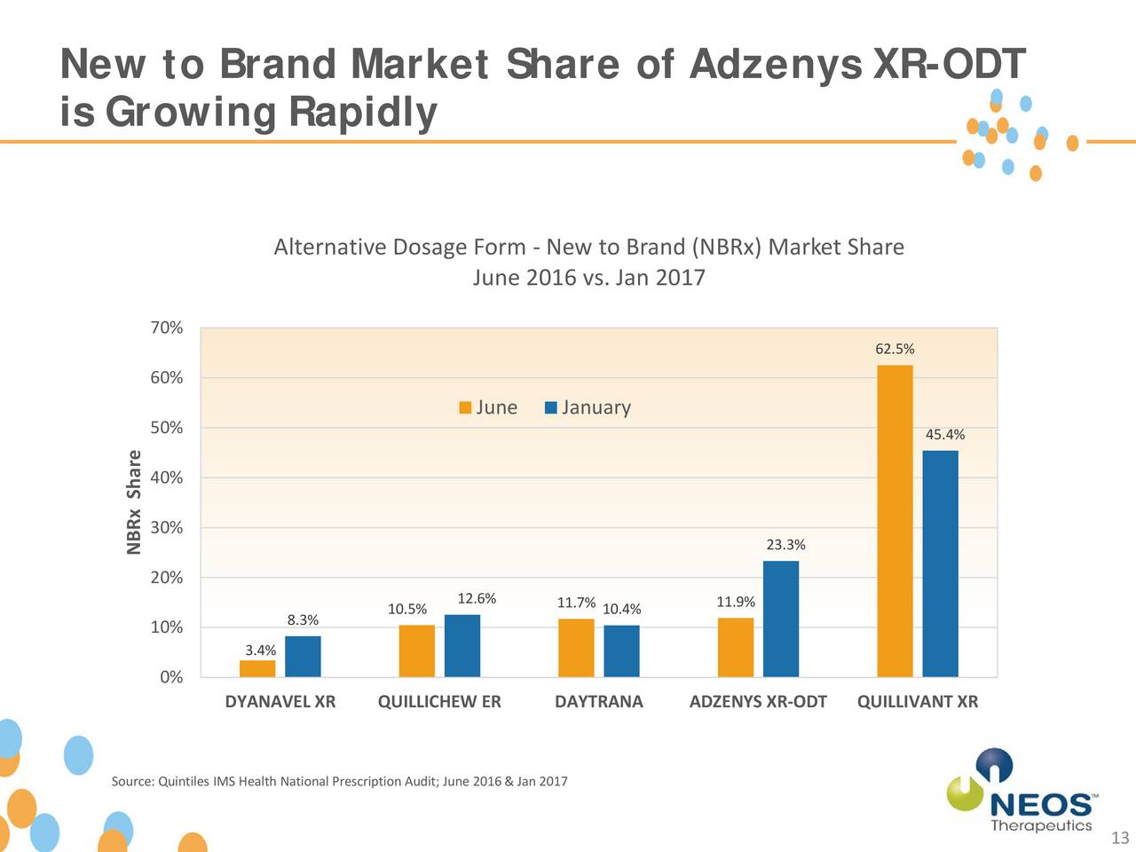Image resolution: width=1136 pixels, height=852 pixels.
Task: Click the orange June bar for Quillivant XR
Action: [895, 521]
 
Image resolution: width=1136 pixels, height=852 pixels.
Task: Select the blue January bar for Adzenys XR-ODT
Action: [781, 619]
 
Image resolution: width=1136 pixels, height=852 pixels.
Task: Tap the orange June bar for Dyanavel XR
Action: [257, 668]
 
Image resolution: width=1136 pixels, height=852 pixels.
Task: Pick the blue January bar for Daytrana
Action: [621, 651]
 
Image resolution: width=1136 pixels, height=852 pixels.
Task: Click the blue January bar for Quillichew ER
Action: [462, 645]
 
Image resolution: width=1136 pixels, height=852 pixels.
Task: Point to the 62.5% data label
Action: [895, 350]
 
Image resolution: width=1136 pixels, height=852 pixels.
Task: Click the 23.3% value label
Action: [785, 545]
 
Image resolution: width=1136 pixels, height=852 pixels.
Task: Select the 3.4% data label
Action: [261, 651]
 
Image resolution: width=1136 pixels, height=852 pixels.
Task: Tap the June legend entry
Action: [488, 407]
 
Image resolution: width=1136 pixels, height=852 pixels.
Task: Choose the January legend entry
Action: [588, 407]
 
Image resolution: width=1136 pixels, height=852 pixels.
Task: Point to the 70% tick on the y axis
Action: [167, 328]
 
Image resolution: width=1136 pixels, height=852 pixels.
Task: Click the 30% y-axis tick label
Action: [167, 528]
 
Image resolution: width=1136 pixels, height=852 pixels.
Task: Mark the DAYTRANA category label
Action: [598, 702]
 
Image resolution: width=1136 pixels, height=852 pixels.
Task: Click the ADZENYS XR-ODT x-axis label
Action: [758, 702]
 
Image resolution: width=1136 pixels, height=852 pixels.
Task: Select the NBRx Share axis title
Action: [134, 502]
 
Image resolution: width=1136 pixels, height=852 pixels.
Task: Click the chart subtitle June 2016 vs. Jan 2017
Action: [588, 278]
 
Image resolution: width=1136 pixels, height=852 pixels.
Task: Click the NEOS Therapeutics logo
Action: [1021, 792]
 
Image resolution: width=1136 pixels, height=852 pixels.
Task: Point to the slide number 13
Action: [1119, 839]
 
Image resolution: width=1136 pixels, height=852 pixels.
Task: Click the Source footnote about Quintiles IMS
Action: [339, 782]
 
